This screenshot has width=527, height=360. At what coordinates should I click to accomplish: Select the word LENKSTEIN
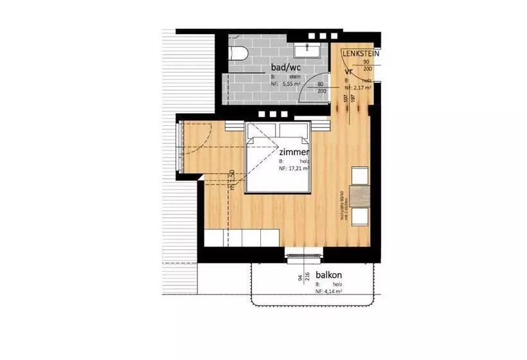pos(361,53)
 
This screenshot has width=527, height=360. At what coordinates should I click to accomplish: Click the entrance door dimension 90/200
pos(367,65)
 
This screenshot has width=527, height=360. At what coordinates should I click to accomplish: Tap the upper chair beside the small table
pos(359,175)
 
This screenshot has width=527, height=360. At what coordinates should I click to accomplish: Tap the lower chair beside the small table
pos(359,215)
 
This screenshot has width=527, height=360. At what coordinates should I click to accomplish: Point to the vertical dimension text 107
pos(346,98)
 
